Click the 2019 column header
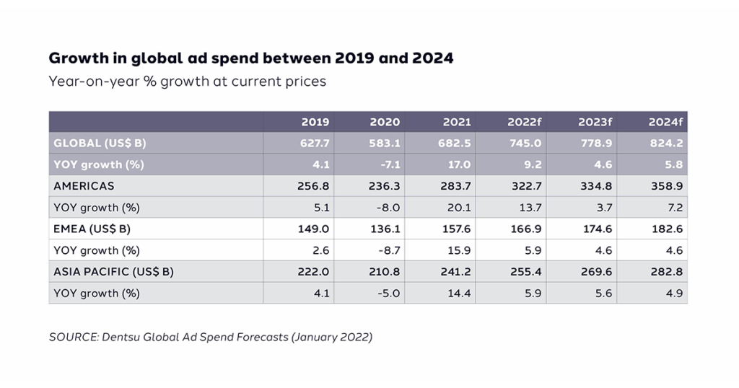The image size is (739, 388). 315,122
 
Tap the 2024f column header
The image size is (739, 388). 668,122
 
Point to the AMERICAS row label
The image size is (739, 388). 84,186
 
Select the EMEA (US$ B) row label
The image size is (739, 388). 94,229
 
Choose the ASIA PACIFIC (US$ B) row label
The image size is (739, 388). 113,272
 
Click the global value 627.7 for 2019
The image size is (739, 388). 315,143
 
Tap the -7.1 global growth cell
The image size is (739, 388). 388,164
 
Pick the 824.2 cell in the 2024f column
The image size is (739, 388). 668,143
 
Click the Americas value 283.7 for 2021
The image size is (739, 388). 456,186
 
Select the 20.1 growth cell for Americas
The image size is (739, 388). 460,208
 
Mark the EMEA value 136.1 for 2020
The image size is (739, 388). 385,229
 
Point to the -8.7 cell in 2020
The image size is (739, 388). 388,250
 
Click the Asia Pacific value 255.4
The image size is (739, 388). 527,272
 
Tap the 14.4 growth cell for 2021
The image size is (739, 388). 460,294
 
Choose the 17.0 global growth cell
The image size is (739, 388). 460,164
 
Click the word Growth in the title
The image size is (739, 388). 74,58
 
